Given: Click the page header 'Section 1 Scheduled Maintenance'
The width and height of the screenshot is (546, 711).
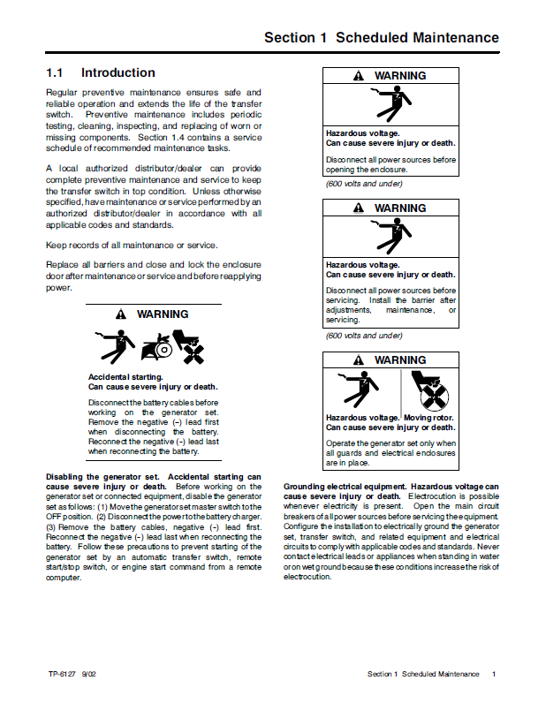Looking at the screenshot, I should click(x=381, y=38).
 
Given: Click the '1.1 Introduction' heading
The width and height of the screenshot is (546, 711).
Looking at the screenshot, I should click(x=101, y=73).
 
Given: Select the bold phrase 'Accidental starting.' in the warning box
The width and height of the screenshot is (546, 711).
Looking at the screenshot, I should click(x=125, y=377).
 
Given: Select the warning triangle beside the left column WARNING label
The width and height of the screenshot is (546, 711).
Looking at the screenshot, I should click(x=121, y=315).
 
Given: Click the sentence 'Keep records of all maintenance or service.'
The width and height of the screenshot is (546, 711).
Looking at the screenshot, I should click(x=132, y=245).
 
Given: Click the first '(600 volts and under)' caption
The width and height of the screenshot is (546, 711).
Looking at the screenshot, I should click(x=364, y=184).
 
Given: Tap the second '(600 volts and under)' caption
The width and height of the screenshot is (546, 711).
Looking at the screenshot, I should click(x=364, y=336).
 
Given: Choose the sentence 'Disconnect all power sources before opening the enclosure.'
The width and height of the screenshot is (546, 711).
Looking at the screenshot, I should click(x=391, y=165).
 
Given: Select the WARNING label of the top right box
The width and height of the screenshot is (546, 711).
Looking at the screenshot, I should click(x=399, y=77).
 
